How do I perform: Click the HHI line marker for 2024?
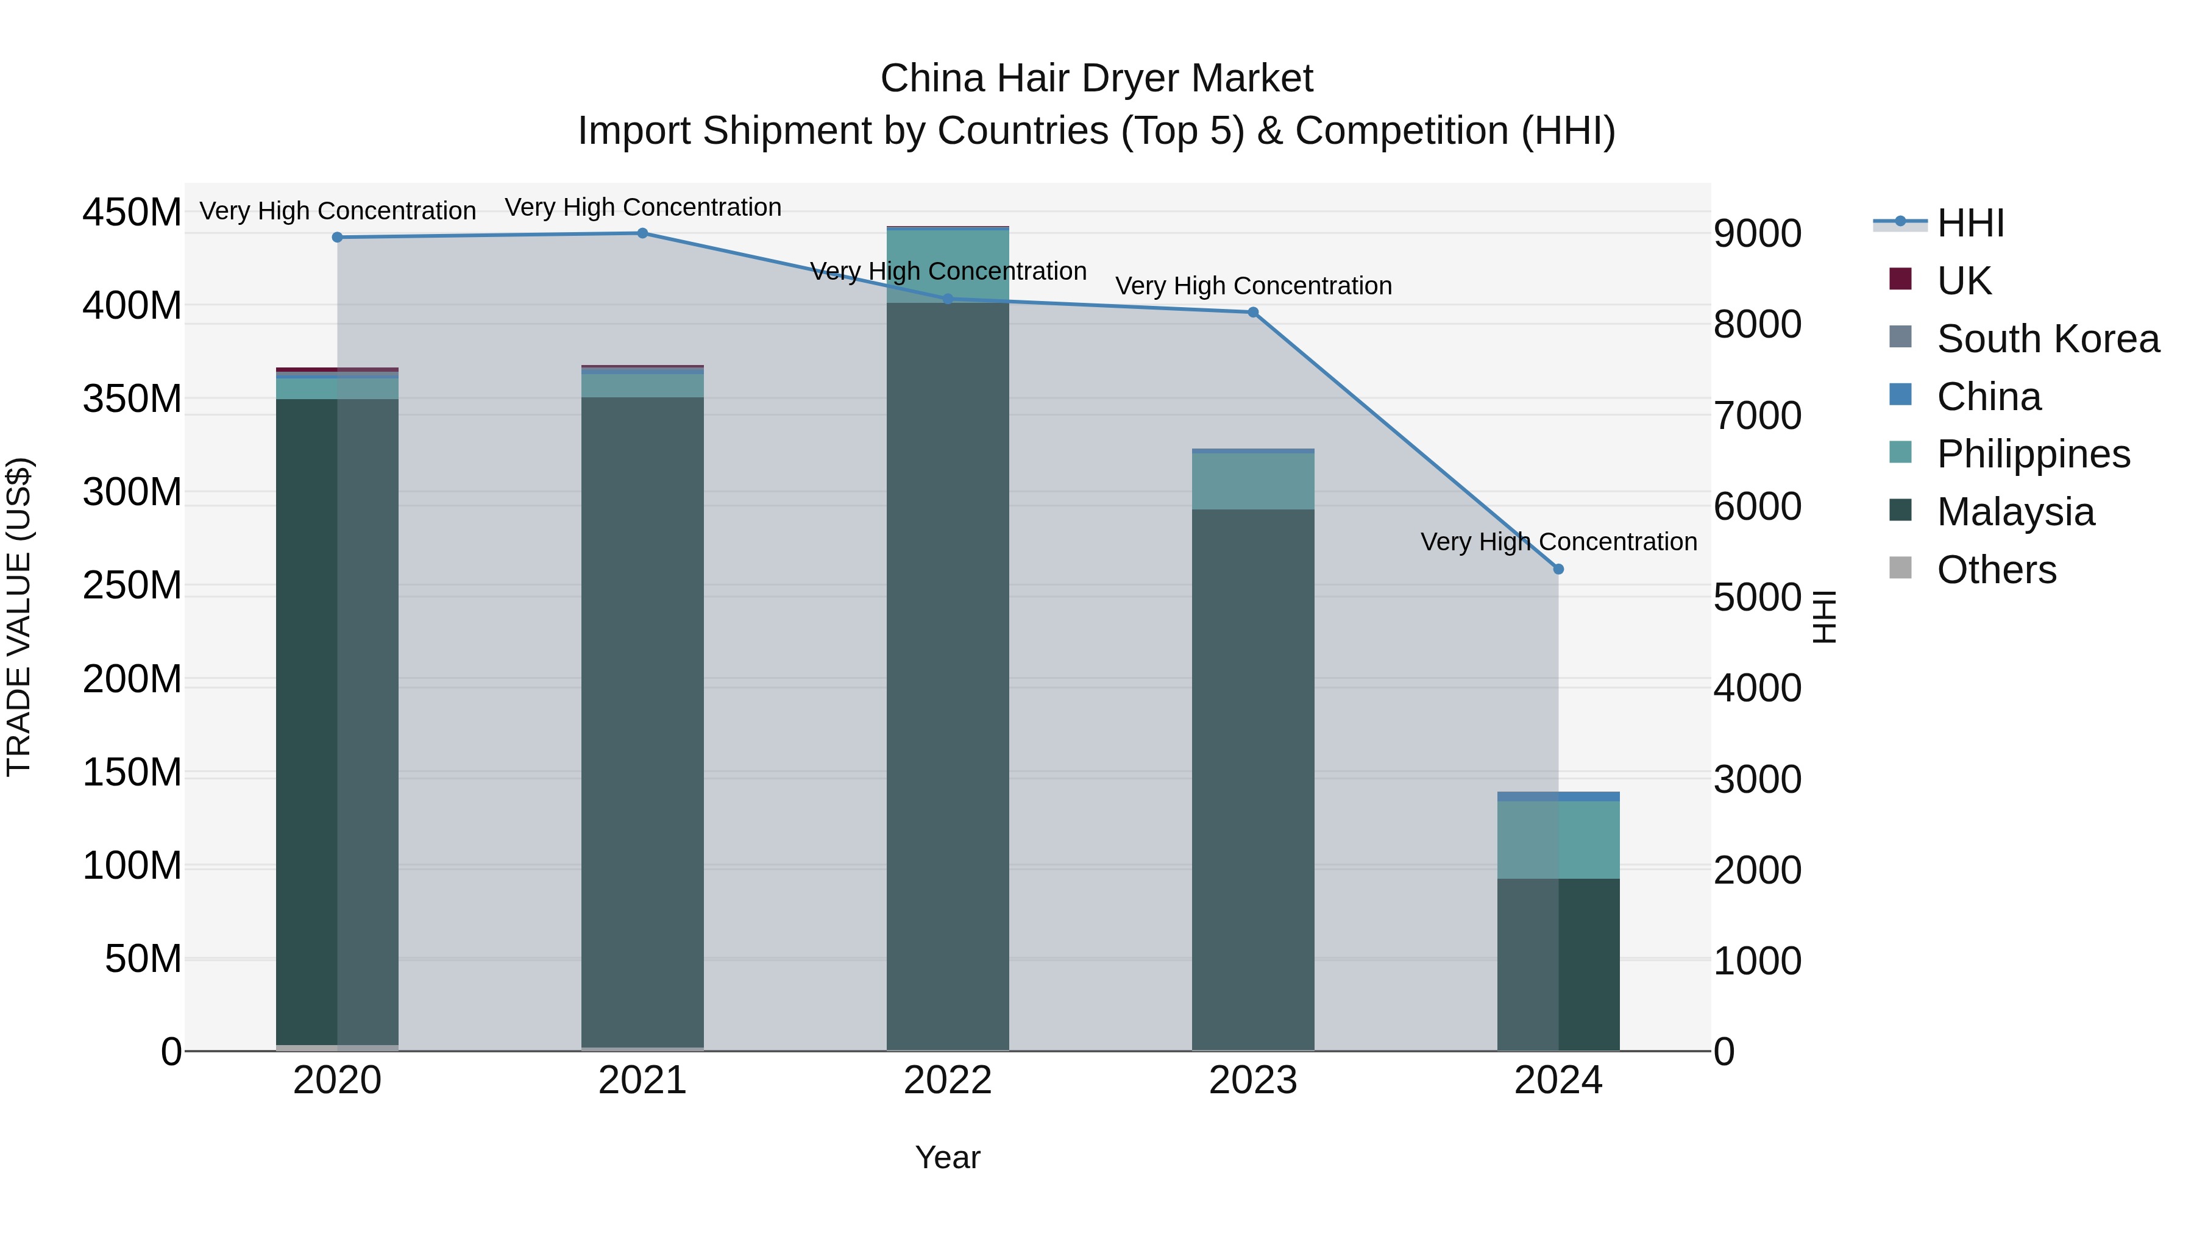tap(1558, 569)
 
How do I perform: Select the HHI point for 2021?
tap(642, 233)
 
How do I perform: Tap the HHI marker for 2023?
tap(1253, 313)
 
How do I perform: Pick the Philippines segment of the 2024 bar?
tap(1558, 840)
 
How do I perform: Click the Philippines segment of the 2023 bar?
tap(1253, 481)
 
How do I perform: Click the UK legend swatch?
tap(1900, 279)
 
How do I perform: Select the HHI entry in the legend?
tap(1970, 223)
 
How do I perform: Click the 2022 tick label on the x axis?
tap(947, 1080)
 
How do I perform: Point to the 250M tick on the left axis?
tap(132, 586)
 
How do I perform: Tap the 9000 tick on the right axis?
tap(1757, 234)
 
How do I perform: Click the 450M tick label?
tap(132, 212)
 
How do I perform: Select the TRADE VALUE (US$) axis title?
tap(19, 617)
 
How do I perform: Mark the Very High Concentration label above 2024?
tap(1558, 542)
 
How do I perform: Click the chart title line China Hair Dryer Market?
tap(1096, 79)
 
